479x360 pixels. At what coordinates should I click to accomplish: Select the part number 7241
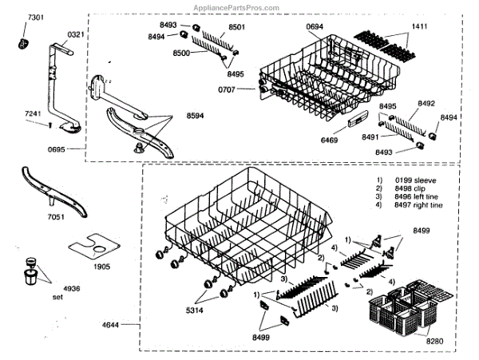[x=33, y=115]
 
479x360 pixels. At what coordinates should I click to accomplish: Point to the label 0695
[x=34, y=149]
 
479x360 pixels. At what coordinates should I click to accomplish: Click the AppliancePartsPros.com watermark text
[x=237, y=7]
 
